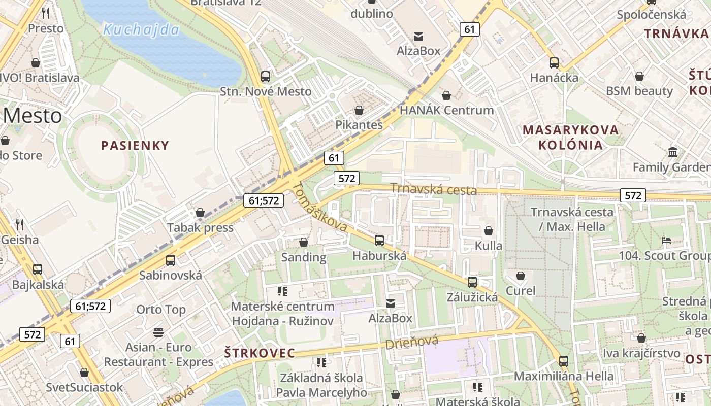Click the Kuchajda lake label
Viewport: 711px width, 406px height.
(x=141, y=29)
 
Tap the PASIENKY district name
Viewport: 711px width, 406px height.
(x=135, y=146)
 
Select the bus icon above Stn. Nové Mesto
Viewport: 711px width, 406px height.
(x=266, y=77)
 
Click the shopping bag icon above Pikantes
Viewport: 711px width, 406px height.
(x=359, y=110)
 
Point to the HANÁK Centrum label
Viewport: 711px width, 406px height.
(x=447, y=110)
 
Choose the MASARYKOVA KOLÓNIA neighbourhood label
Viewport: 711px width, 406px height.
(x=571, y=137)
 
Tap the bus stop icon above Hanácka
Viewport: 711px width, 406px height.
(x=554, y=63)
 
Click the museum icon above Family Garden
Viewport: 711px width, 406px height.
(x=673, y=152)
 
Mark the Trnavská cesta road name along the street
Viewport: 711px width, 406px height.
(x=433, y=190)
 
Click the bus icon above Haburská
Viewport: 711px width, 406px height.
(x=379, y=241)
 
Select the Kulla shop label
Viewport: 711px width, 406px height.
(x=489, y=246)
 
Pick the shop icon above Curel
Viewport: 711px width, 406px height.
(x=521, y=276)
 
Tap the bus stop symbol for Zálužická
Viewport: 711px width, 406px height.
(x=472, y=282)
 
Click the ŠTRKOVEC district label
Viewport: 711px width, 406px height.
(x=260, y=353)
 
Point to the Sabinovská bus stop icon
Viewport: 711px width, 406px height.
(x=171, y=260)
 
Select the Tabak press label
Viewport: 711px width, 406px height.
(x=201, y=227)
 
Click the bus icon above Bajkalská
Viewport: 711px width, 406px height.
(x=38, y=269)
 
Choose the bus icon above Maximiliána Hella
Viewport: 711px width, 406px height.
(x=564, y=361)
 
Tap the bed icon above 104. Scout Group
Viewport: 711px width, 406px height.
(x=666, y=241)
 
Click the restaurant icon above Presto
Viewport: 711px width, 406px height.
(x=46, y=13)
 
